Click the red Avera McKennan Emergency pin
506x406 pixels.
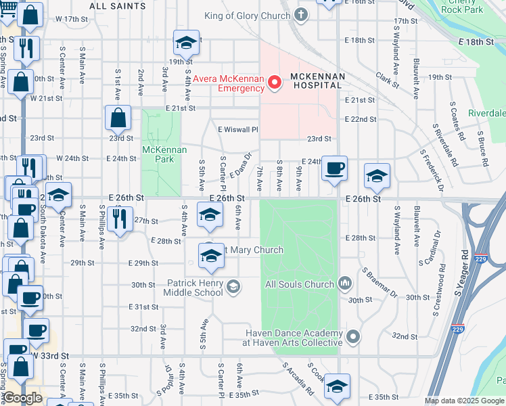[x=275, y=83]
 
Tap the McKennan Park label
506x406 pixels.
[x=158, y=154]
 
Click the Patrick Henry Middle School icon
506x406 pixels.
[x=233, y=288]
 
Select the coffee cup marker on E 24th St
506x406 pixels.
[x=333, y=168]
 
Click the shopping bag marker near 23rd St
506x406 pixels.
[x=118, y=118]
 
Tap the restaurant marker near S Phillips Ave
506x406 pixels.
[x=120, y=218]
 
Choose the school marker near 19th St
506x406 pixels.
[x=185, y=43]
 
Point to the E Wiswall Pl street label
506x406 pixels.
[x=238, y=129]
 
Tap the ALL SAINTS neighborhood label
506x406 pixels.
[x=117, y=6]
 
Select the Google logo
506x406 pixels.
[x=23, y=398]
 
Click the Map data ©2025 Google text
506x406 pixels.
[x=463, y=401]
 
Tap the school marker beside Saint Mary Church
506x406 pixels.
[x=211, y=256]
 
